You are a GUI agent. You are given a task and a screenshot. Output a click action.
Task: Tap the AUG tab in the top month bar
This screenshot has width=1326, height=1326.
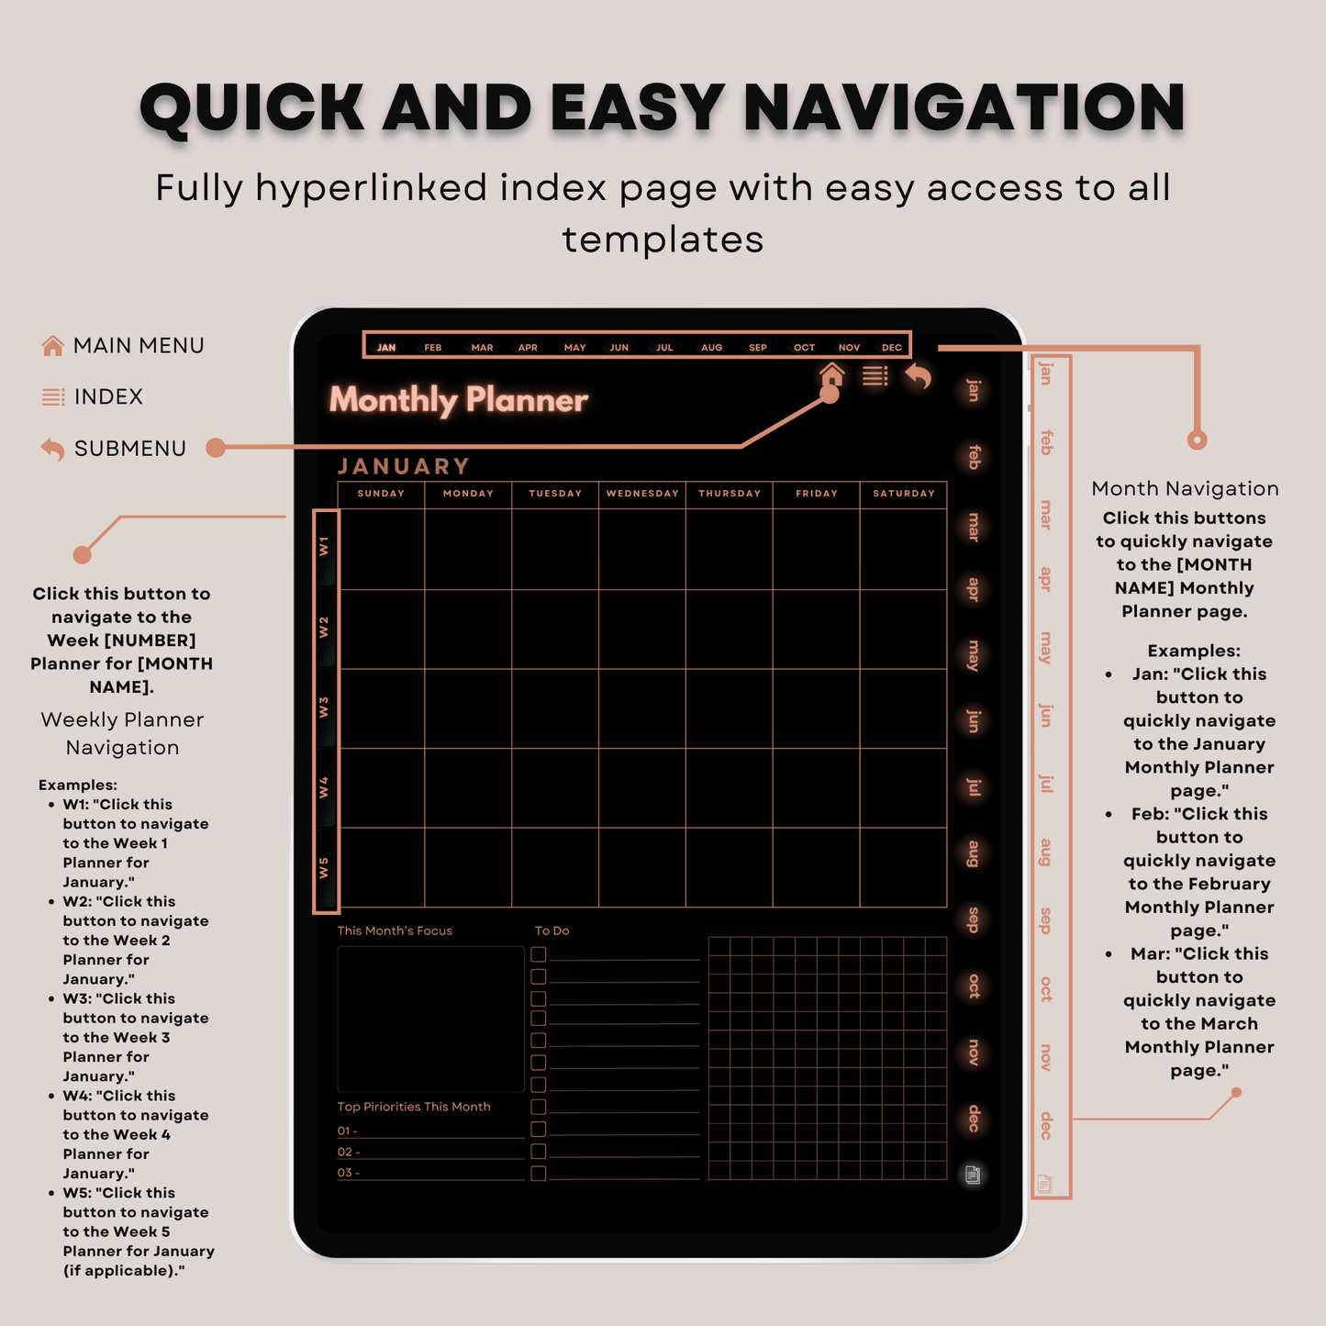click(711, 348)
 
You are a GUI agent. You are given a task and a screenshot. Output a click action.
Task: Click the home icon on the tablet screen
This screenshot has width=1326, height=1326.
click(831, 374)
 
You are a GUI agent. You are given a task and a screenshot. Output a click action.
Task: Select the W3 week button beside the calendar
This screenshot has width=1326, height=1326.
click(324, 708)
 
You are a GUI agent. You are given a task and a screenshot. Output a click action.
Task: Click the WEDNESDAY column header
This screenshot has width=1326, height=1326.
click(642, 494)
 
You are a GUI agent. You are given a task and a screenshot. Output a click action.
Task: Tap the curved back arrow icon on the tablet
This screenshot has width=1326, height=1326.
click(918, 376)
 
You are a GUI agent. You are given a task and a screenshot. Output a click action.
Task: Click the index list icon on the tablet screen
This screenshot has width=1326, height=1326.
click(875, 375)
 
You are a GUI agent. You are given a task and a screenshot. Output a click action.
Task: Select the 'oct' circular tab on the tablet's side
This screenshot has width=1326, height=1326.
click(974, 986)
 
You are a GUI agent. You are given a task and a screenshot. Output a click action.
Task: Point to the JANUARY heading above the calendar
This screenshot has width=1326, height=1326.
click(404, 466)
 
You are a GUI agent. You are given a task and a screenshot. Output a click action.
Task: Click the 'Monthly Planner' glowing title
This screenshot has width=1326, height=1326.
click(458, 400)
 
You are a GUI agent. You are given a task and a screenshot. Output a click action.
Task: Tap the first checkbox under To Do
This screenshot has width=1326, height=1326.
click(539, 954)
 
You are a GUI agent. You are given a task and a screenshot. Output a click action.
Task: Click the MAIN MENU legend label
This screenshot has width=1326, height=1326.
click(139, 346)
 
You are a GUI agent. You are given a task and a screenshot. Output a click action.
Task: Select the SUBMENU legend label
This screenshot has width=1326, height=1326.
click(129, 449)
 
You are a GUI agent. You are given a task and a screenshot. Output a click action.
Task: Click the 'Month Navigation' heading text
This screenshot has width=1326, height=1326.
click(1185, 489)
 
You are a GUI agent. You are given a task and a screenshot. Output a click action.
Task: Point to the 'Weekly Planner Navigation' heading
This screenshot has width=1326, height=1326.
click(122, 733)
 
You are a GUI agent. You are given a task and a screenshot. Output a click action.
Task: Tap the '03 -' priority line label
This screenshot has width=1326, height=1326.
click(348, 1173)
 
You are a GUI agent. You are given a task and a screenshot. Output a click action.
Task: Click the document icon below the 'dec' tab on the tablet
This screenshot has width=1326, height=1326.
click(973, 1175)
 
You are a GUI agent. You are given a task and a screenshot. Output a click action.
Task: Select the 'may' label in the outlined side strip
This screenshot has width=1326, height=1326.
click(1045, 647)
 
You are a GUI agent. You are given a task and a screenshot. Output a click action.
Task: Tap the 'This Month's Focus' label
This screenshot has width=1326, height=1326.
click(395, 930)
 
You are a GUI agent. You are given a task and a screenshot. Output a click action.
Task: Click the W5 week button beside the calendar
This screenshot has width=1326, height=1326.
click(324, 868)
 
